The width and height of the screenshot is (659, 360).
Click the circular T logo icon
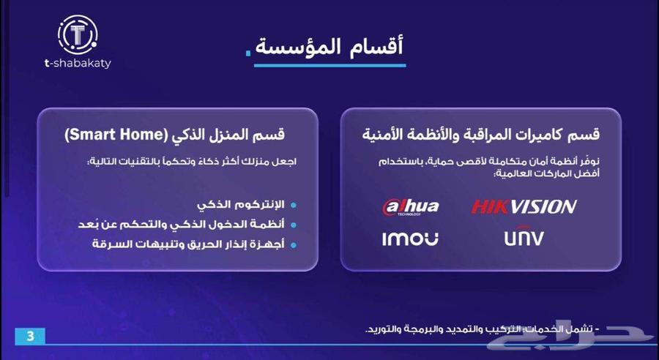point(77,33)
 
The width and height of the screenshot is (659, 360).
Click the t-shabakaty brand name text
point(77,63)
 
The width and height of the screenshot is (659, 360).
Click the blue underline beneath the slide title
point(329,65)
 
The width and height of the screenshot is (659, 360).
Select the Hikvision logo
point(524,206)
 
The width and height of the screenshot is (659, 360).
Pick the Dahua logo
point(411,206)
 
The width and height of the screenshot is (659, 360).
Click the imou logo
point(410,238)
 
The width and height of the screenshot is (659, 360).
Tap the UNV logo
point(524,238)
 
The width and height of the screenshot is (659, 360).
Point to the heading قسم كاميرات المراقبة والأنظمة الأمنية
point(481,135)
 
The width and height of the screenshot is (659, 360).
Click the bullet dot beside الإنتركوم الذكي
point(294,205)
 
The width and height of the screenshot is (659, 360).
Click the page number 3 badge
point(30,337)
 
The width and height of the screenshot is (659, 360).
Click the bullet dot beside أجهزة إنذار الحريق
point(294,244)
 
